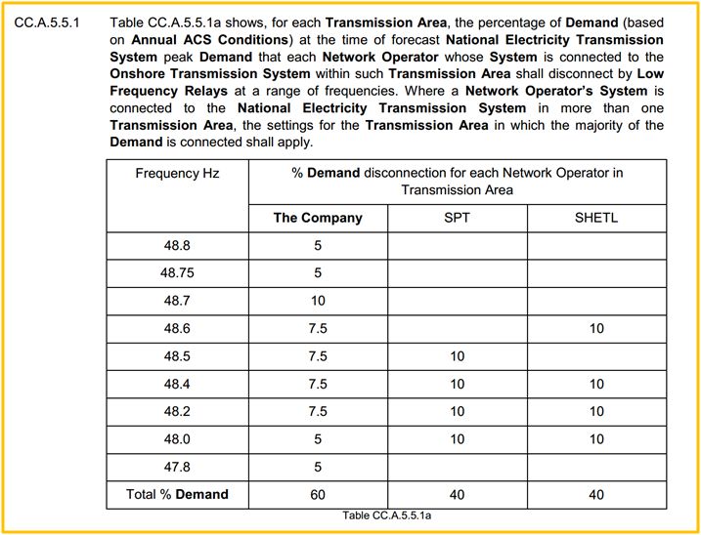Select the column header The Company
[318, 218]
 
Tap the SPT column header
[457, 218]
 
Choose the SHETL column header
[596, 218]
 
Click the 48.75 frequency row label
[177, 273]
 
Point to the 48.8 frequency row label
[177, 246]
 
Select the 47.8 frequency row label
[177, 467]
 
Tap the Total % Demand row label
[177, 494]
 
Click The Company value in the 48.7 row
[318, 301]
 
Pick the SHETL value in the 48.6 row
[596, 329]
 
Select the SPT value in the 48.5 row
[457, 356]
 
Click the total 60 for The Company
[318, 494]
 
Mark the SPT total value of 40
[457, 494]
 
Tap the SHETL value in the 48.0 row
[596, 439]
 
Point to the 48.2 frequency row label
[177, 412]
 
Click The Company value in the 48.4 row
[318, 384]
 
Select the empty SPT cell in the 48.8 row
[457, 246]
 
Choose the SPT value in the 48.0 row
[457, 439]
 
